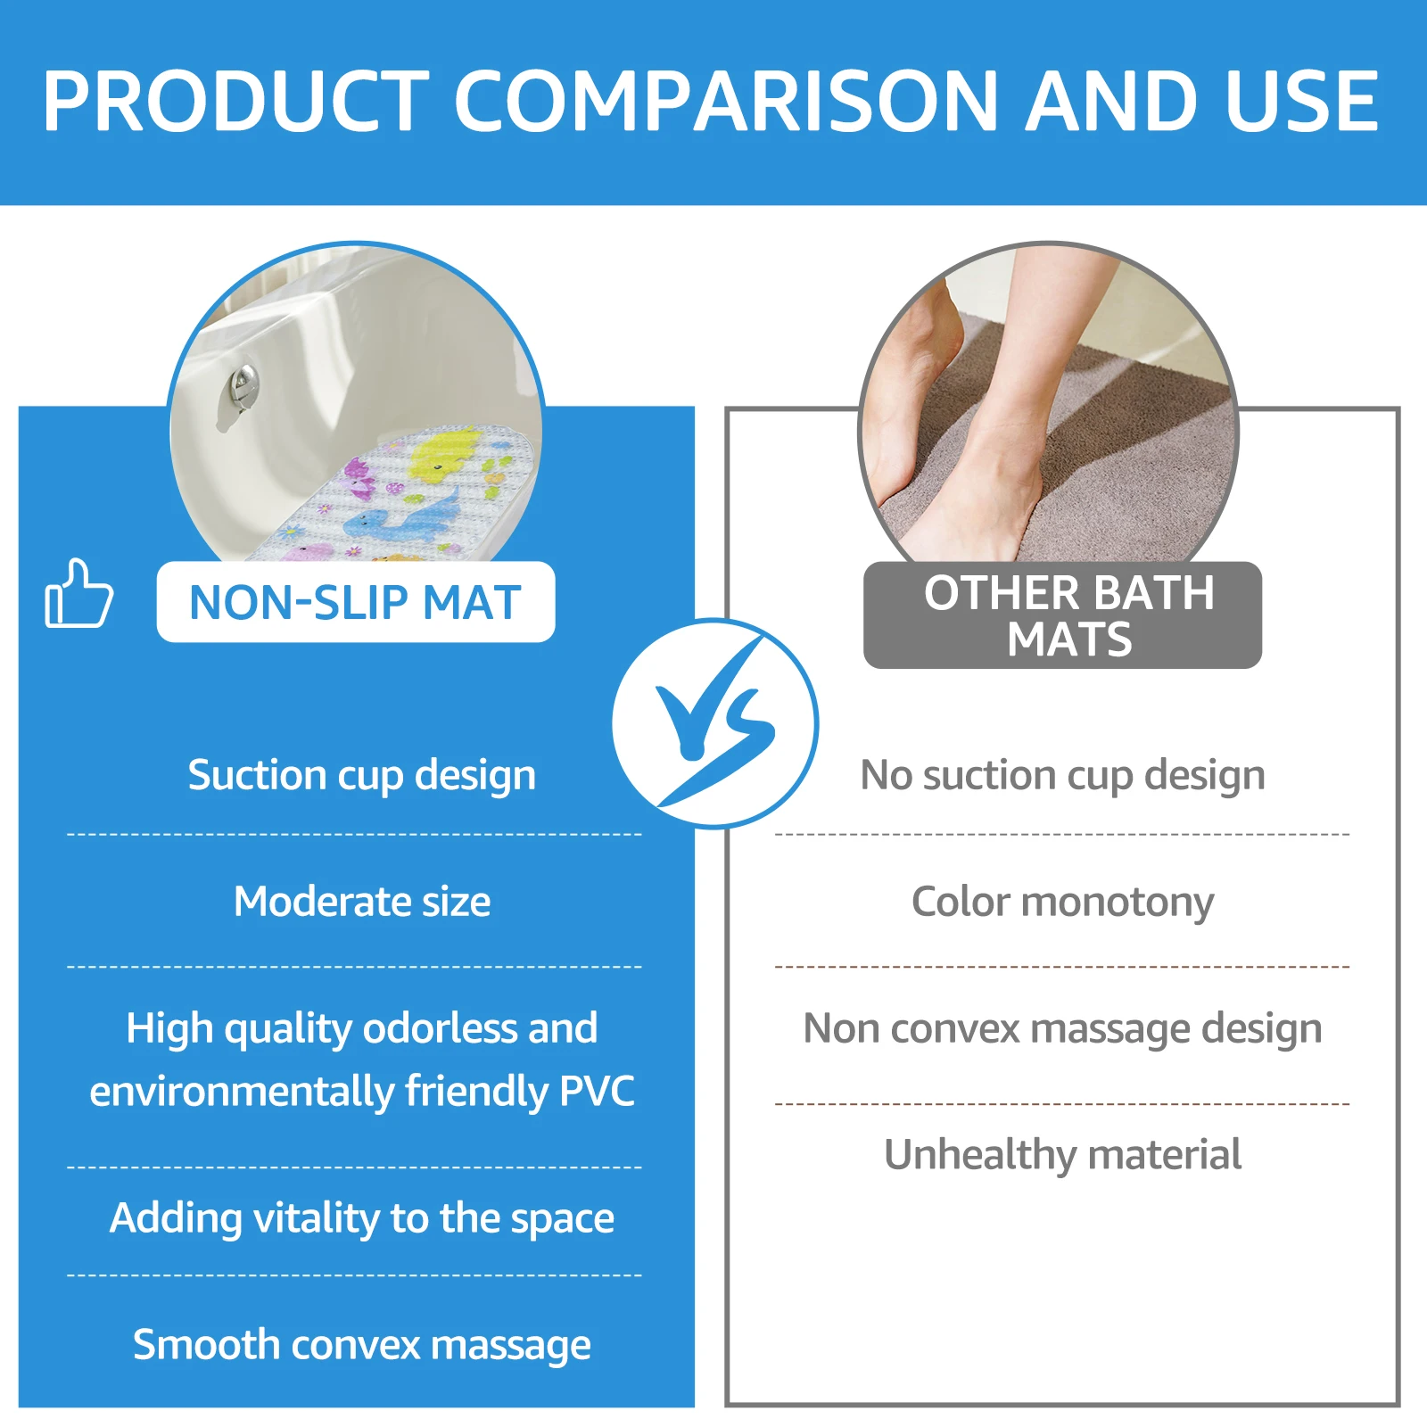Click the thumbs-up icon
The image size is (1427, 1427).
click(78, 594)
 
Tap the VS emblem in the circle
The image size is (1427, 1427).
click(714, 723)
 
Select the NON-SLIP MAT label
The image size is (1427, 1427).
click(355, 602)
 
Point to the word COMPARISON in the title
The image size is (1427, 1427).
click(726, 101)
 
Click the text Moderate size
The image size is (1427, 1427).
click(361, 902)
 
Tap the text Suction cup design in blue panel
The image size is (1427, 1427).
click(361, 775)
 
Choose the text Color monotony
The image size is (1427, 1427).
click(1062, 902)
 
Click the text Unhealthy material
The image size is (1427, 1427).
click(1062, 1155)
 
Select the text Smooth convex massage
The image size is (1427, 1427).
click(361, 1345)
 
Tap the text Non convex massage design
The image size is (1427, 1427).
click(1062, 1028)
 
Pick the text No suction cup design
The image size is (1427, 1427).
click(1062, 775)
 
